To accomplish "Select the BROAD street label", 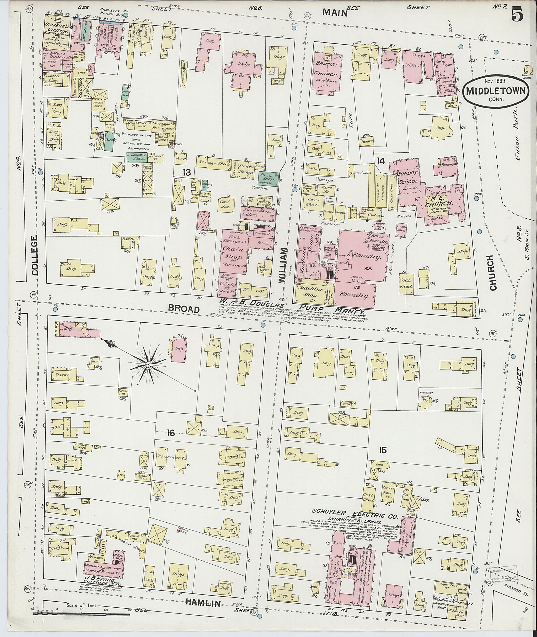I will tap(184, 309).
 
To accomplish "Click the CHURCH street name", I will tap(493, 272).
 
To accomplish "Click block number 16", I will tap(171, 433).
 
